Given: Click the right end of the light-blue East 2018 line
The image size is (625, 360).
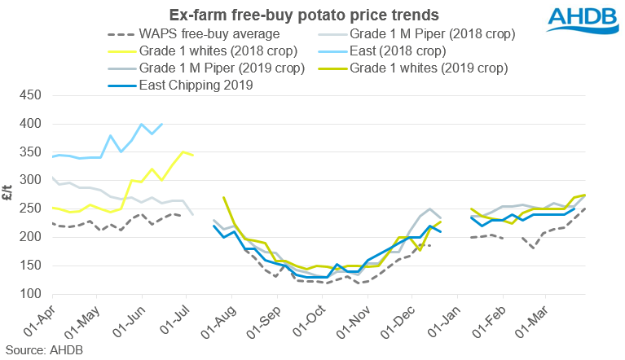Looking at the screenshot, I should pyautogui.click(x=162, y=124).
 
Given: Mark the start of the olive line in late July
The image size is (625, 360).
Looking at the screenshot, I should pyautogui.click(x=223, y=197).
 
